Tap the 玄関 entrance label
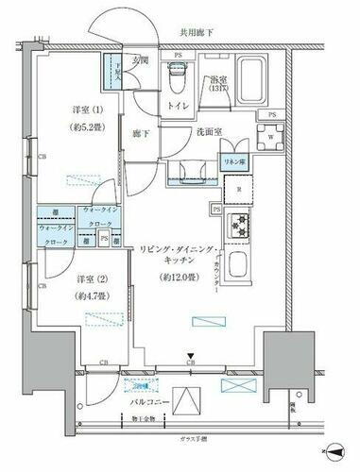click(x=140, y=62)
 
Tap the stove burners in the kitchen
click(x=239, y=227)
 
